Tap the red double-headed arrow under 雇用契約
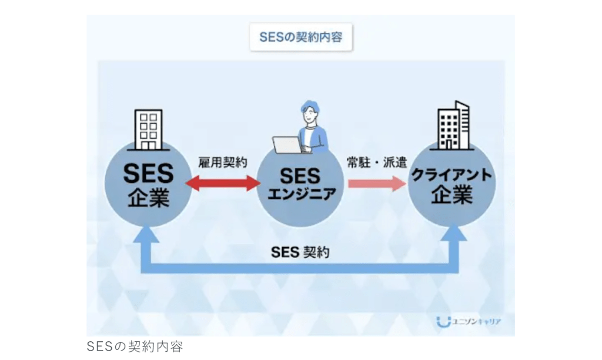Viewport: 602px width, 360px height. point(223,184)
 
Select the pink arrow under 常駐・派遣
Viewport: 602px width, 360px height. point(377,184)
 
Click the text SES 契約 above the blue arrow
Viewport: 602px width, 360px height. point(300,252)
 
